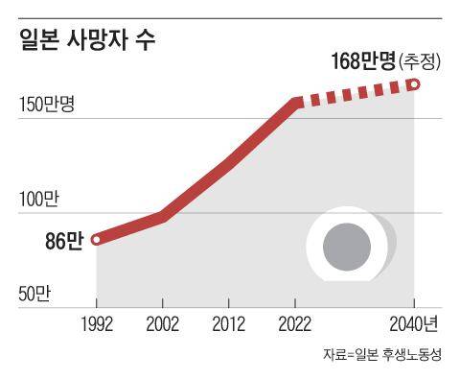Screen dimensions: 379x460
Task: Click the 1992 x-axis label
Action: (96, 323)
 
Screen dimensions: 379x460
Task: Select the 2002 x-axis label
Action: (162, 323)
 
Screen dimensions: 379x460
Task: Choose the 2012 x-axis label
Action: (228, 323)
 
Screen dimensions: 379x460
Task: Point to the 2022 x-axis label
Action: (294, 323)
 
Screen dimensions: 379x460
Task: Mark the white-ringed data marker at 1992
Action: (96, 240)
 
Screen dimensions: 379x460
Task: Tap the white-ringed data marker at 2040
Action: (414, 84)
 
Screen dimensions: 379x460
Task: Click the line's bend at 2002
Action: (163, 217)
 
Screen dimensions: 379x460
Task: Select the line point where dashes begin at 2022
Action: (295, 102)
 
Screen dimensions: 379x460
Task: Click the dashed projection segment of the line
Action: (355, 93)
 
